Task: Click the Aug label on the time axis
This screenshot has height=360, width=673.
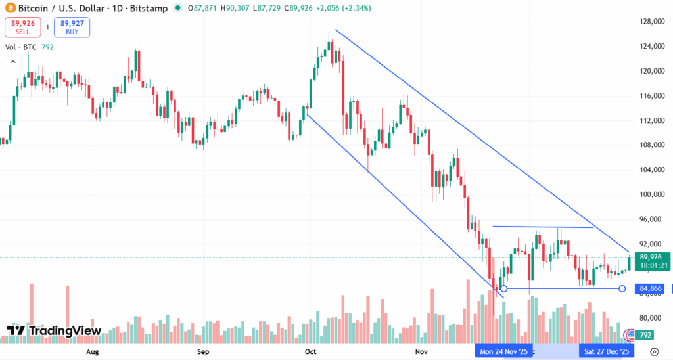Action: point(93,352)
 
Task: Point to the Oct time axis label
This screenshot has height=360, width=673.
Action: point(312,352)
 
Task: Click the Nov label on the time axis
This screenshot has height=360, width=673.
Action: point(421,352)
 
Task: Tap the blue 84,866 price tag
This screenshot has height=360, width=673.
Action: point(651,288)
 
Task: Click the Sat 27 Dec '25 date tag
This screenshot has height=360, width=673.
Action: point(607,352)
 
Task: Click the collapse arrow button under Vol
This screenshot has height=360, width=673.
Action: point(12,62)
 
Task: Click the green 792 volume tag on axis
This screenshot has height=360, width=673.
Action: point(646,335)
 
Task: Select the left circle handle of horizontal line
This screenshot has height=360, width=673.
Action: point(503,288)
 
